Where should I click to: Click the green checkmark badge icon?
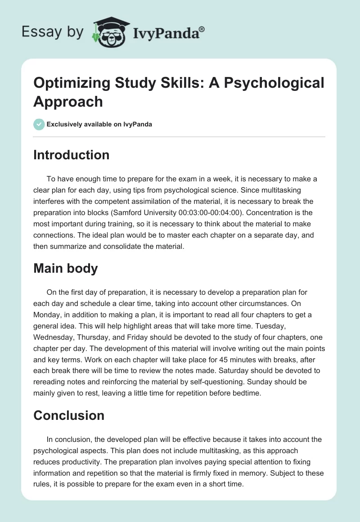[x=39, y=124]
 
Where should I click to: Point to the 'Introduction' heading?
[x=72, y=155]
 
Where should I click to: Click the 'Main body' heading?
[x=66, y=268]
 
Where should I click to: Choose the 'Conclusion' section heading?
[x=69, y=415]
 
